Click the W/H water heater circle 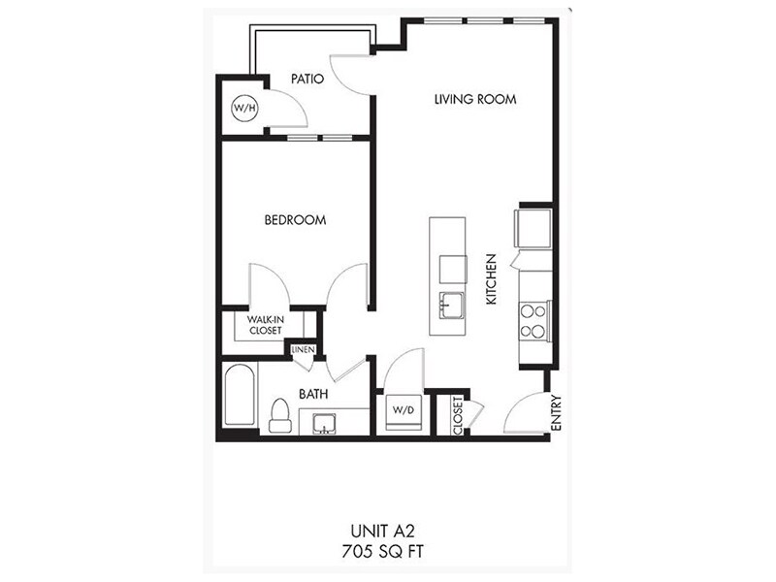click(x=244, y=109)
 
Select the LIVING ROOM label click(x=474, y=99)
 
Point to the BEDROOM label click(x=295, y=220)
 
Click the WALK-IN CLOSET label click(x=264, y=325)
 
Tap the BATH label click(x=312, y=395)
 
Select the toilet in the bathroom click(x=279, y=414)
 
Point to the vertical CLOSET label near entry click(x=457, y=414)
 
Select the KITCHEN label click(x=492, y=280)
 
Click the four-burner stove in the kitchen click(x=533, y=321)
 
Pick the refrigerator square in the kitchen click(x=534, y=229)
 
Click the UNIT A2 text click(x=387, y=532)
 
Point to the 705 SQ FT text click(x=387, y=551)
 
